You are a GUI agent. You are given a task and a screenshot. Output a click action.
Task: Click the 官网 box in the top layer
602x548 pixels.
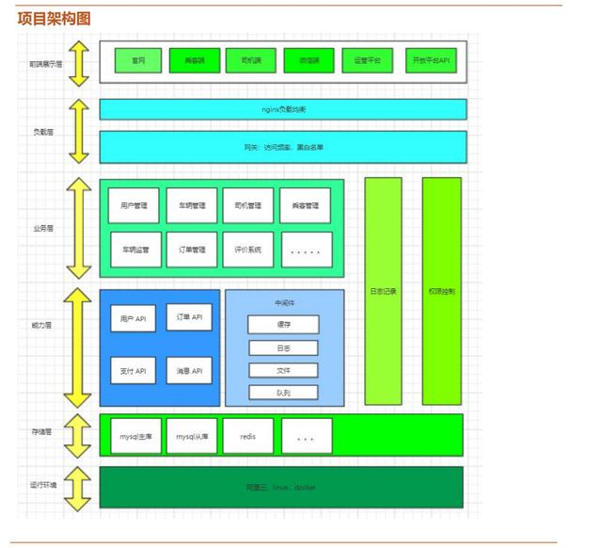(x=138, y=61)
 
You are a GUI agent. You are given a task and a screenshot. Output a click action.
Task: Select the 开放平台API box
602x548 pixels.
(x=433, y=61)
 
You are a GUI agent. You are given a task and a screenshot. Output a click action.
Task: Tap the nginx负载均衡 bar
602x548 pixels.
(x=283, y=110)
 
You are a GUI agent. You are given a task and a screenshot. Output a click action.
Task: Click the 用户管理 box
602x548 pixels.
(x=134, y=205)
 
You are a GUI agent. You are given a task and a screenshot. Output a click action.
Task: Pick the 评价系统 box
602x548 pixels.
(x=248, y=250)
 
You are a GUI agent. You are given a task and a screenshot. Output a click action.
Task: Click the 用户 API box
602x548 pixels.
(x=134, y=319)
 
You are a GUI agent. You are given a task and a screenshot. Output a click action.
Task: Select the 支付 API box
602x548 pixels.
(x=134, y=371)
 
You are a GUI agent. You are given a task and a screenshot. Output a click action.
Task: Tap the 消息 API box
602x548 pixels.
(x=189, y=371)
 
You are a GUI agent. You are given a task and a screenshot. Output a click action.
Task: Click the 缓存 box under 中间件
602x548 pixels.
(x=283, y=325)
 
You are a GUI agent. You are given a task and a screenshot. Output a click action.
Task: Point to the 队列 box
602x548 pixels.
(x=283, y=392)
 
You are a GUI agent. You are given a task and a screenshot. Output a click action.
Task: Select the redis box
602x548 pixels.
(x=248, y=437)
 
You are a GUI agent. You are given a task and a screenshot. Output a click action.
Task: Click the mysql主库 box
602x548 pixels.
(x=134, y=437)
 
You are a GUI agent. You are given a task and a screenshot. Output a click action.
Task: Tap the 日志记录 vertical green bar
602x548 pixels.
(x=383, y=291)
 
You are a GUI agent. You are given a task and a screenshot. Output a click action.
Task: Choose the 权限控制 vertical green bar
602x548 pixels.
(x=441, y=291)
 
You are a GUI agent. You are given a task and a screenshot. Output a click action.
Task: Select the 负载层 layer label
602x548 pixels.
(x=43, y=133)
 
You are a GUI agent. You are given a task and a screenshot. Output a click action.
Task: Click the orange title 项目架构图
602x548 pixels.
(x=54, y=19)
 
